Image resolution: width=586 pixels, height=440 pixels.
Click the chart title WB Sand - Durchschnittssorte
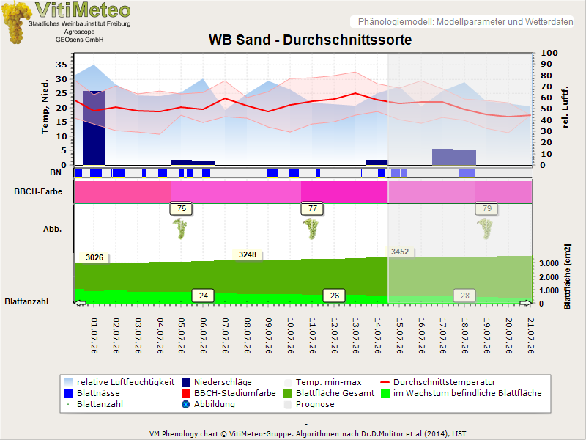310,40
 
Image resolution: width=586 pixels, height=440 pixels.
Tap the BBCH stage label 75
181,208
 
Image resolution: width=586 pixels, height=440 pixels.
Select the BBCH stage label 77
313,208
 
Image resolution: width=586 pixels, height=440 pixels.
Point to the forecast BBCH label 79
486,208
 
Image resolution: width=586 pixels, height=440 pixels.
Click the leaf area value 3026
94,257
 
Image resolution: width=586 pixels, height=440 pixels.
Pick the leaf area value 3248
248,254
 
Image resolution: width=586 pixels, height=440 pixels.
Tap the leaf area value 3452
400,252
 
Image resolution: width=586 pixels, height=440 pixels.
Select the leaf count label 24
204,296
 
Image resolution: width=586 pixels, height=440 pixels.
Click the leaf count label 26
335,296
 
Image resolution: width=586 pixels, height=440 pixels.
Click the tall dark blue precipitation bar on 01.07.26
94,128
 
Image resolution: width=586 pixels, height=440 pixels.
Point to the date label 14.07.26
377,336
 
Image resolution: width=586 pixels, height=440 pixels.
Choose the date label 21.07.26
530,336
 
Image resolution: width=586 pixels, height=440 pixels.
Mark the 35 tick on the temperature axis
62,65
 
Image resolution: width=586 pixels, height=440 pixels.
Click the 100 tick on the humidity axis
549,53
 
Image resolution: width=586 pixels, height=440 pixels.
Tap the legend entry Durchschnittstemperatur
445,382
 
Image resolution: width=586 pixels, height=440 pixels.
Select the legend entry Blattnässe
98,393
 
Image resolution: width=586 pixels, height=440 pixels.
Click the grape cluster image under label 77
311,228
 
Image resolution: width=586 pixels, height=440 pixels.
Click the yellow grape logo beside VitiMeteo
15,23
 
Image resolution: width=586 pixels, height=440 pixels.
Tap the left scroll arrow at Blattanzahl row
80,303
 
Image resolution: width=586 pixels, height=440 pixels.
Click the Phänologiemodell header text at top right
465,22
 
